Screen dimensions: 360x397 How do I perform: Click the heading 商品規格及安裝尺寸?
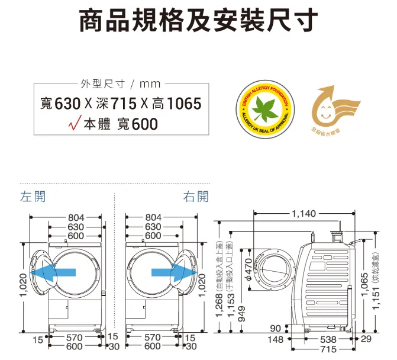(199, 22)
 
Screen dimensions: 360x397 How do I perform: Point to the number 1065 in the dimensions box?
(184, 104)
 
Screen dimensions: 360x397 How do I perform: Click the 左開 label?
(33, 196)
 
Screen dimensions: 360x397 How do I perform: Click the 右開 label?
(196, 196)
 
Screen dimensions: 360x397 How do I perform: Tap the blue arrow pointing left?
(53, 272)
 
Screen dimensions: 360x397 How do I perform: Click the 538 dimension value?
(327, 340)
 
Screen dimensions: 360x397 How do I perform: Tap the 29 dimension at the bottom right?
(366, 340)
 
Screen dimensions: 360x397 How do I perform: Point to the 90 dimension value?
(276, 329)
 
